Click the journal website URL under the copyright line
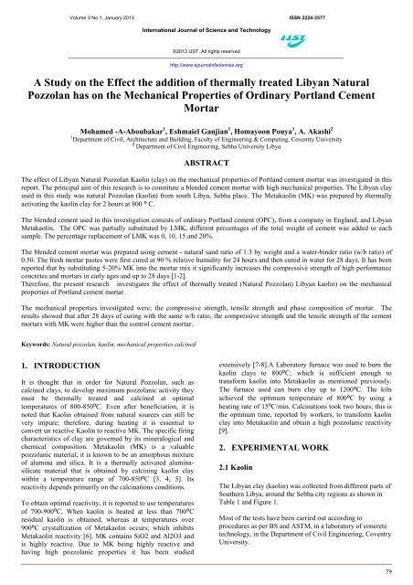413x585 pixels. pyautogui.click(x=207, y=67)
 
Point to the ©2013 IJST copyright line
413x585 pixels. pyautogui.click(x=207, y=54)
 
